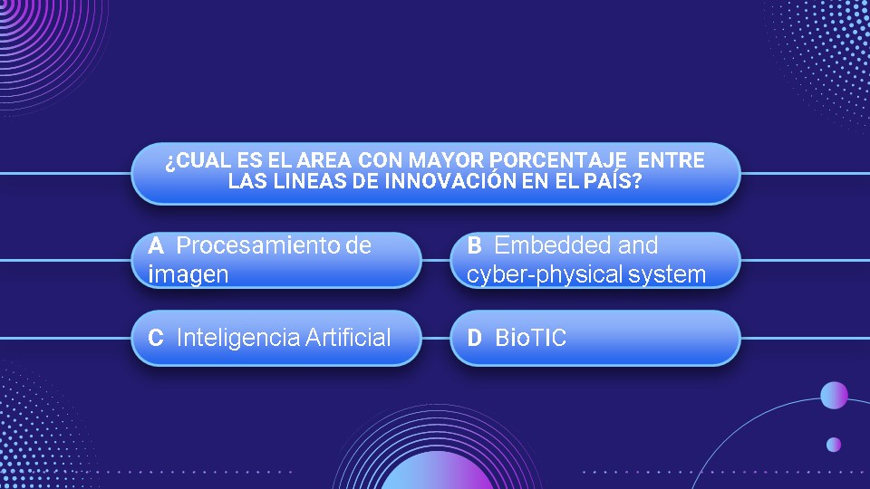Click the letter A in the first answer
coord(156,245)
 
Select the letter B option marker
coord(474,245)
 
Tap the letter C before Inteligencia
coord(156,338)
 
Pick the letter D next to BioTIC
coord(474,338)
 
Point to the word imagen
coord(188,274)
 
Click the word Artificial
coord(348,337)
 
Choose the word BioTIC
coord(530,338)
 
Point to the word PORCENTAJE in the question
coord(558,160)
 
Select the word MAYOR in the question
coord(446,160)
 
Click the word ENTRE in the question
coord(672,160)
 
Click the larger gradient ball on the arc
coord(834,396)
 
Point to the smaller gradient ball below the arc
coord(834,444)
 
